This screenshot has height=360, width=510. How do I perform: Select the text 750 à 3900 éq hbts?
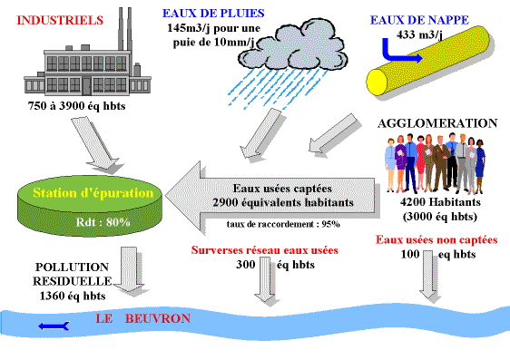tap(77, 106)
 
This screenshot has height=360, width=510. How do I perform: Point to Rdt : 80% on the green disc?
tap(110, 222)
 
